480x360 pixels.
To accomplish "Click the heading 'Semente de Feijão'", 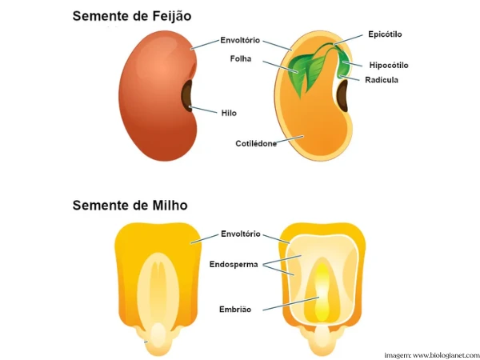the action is point(132,16).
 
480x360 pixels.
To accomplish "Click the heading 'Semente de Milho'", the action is point(130,205).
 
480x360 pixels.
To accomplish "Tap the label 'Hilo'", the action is point(229,114).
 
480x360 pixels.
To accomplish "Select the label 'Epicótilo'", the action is point(385,34).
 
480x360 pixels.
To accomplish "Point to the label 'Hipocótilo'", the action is point(389,66).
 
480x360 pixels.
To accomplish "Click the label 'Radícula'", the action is point(382,80).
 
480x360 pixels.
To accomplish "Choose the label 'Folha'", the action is point(241,58).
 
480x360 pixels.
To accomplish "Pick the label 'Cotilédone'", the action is point(256,143).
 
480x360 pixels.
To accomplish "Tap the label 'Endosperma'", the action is point(234,265).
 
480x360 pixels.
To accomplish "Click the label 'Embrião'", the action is point(235,310).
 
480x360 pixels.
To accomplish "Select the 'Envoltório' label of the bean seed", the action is point(240,40).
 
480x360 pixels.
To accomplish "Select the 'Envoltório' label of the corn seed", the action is point(241,234).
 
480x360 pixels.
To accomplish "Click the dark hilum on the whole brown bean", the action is point(187,95).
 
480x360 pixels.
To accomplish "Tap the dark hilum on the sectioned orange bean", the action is point(342,95).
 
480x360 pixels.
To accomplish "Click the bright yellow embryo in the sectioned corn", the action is point(322,291).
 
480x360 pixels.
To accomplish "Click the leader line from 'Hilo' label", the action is point(203,110).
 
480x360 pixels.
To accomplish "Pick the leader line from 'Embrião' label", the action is point(291,304).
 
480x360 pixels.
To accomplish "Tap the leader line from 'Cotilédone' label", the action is point(290,139).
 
